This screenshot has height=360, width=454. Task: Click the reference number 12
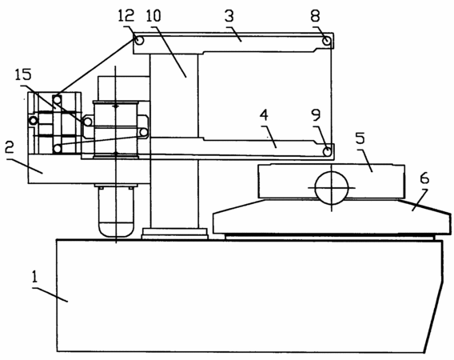(x=126, y=16)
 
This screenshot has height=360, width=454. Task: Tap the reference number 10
(x=153, y=16)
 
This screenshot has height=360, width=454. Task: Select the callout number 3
(x=229, y=16)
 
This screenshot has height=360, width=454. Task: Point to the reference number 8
(x=315, y=16)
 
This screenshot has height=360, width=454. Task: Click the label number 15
(x=23, y=74)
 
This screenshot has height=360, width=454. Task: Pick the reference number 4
(x=264, y=115)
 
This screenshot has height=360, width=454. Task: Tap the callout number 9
(x=316, y=115)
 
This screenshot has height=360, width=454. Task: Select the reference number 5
(x=360, y=138)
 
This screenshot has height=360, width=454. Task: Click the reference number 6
(x=424, y=179)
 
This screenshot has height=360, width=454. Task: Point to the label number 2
(x=10, y=148)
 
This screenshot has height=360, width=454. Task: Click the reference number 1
(x=34, y=277)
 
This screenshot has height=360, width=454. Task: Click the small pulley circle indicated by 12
(x=139, y=40)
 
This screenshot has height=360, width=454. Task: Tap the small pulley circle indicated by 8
(x=327, y=41)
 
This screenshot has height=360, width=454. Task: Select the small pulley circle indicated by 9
(x=328, y=151)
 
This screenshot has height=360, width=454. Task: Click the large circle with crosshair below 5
(x=332, y=188)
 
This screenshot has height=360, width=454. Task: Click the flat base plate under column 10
(x=175, y=234)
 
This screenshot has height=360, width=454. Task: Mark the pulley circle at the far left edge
(x=34, y=120)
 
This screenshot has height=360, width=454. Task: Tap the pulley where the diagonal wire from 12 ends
(x=58, y=100)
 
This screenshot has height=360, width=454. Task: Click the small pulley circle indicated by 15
(x=88, y=122)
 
